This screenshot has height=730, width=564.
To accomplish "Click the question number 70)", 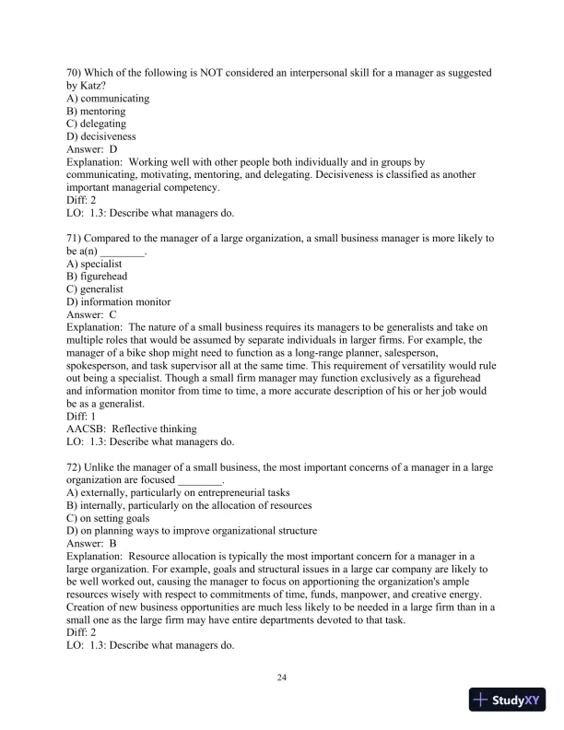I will pyautogui.click(x=76, y=72).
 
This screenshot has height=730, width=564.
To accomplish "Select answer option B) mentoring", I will pyautogui.click(x=97, y=111).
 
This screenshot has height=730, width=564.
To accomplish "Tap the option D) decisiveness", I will pyautogui.click(x=101, y=136).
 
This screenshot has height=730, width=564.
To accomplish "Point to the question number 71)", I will pyautogui.click(x=76, y=238).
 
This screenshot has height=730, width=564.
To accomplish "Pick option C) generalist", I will pyautogui.click(x=96, y=289).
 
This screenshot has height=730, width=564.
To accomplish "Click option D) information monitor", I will pyautogui.click(x=119, y=302).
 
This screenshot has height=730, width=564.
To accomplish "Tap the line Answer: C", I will pyautogui.click(x=92, y=315).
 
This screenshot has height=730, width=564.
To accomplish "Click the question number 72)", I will pyautogui.click(x=76, y=468).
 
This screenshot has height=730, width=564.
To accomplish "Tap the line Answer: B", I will pyautogui.click(x=92, y=545).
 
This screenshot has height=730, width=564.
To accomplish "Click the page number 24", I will pyautogui.click(x=282, y=678).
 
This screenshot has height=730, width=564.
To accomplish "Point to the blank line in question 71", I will pyautogui.click(x=123, y=251).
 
